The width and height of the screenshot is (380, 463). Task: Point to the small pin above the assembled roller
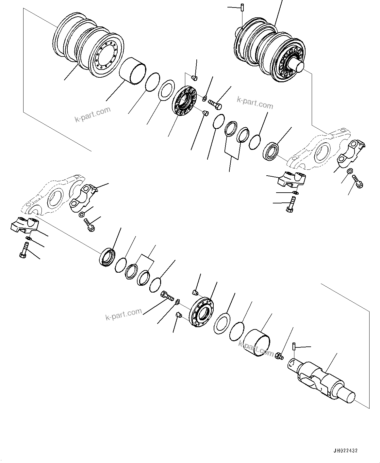(242, 7)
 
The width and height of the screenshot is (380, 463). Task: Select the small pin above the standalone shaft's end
(295, 346)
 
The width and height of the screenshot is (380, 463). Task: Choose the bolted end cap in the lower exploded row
(201, 312)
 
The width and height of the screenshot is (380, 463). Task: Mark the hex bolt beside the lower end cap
(167, 296)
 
